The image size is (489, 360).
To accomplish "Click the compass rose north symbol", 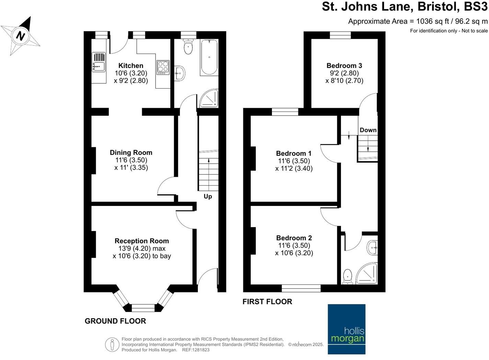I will point(21,36).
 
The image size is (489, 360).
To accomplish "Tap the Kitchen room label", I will point(131,66).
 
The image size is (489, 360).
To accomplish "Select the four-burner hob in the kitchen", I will point(163,67).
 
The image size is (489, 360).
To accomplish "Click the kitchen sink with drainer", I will point(99,62).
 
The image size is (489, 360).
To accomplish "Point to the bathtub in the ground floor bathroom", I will point(209,57).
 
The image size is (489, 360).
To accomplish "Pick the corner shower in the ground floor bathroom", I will point(209,98).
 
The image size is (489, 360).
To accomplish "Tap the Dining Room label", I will point(131,152).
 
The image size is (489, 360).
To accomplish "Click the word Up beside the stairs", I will point(208,196).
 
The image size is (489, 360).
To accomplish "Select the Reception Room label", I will point(141,241).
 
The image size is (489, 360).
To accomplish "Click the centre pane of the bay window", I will point(143,307).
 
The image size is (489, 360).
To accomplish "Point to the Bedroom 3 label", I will point(344,66).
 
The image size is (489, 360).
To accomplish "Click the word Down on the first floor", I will point(368,130).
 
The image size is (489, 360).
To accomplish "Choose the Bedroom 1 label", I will point(294,153).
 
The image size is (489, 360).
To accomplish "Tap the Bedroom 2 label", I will point(294,238).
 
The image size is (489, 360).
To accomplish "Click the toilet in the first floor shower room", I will point(348,277).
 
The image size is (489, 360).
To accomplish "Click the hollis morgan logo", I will point(346,329).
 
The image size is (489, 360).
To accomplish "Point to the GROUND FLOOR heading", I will point(115,321).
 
